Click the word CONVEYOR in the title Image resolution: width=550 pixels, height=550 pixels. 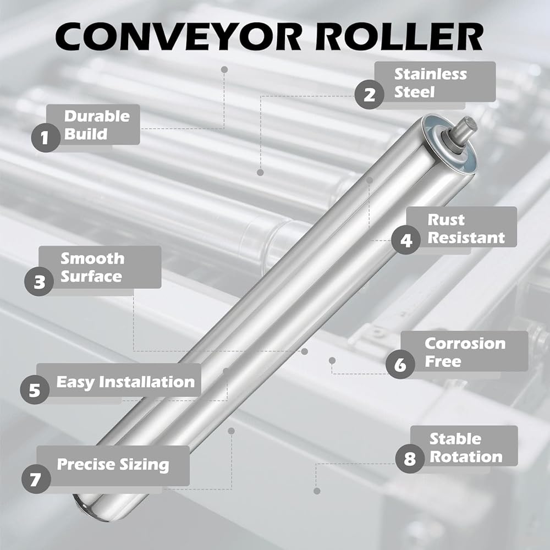coord(178,37)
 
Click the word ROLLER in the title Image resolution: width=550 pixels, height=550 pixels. coord(399,37)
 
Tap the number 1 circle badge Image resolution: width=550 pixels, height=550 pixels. coord(46,137)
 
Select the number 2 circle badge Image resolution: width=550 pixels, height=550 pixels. coord(369,95)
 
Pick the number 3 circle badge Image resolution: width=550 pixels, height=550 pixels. coord(39,281)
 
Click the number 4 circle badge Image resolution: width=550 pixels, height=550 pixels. coord(406,240)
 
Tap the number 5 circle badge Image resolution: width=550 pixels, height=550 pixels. coord(34,390)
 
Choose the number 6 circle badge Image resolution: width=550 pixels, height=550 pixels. coord(400,365)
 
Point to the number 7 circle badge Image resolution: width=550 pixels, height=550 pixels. coord(36,479)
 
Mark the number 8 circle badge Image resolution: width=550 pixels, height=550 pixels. coord(410,459)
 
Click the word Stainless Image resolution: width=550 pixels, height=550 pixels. coord(431,74)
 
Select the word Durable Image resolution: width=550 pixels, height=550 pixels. coord(97,116)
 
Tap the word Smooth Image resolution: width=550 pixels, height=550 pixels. coord(92,258)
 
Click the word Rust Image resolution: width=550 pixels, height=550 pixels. coord(446,220)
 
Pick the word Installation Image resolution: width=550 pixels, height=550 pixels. coord(147,382)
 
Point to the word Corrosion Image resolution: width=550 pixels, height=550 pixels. coord(465,343)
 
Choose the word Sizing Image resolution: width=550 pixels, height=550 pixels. coord(144,465)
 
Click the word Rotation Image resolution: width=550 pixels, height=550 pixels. coord(466,457)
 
